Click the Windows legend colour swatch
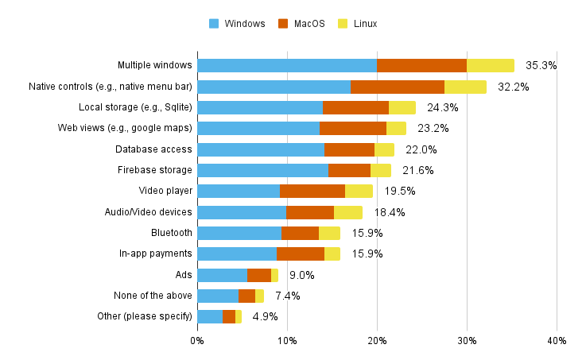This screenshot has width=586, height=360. tap(214, 24)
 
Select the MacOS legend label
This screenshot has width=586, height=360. tap(309, 24)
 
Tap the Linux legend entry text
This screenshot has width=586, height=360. tap(365, 24)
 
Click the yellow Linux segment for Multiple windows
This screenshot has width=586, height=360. tap(491, 65)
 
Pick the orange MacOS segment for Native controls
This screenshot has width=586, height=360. tap(398, 87)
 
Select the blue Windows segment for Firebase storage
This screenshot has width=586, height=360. tap(262, 170)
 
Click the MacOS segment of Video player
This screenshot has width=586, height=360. tap(312, 191)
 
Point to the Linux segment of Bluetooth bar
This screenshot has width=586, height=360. tap(329, 233)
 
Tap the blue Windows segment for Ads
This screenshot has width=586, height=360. tap(223, 275)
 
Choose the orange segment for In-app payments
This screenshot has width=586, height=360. tap(301, 254)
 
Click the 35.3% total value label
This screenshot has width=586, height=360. tap(541, 65)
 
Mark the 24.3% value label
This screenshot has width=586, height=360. tap(443, 107)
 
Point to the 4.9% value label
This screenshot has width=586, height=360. tap(265, 316)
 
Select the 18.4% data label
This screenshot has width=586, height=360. tap(390, 212)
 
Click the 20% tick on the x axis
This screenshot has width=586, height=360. tap(377, 341)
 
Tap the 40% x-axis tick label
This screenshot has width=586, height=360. tap(557, 341)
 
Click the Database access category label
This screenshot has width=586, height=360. tap(153, 149)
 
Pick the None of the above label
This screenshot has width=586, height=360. tap(153, 296)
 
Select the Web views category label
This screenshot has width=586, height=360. tap(125, 128)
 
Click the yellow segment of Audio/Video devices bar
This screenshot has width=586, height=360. tap(348, 212)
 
